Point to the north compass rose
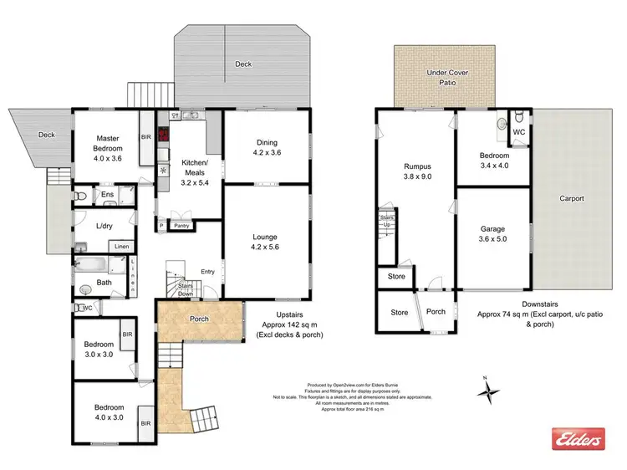(492, 388)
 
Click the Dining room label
(266, 147)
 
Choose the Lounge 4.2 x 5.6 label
(265, 241)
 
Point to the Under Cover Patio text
(447, 79)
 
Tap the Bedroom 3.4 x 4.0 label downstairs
(493, 161)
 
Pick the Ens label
(107, 195)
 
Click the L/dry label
(104, 226)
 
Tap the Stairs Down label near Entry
(185, 289)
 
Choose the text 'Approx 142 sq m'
(289, 325)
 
